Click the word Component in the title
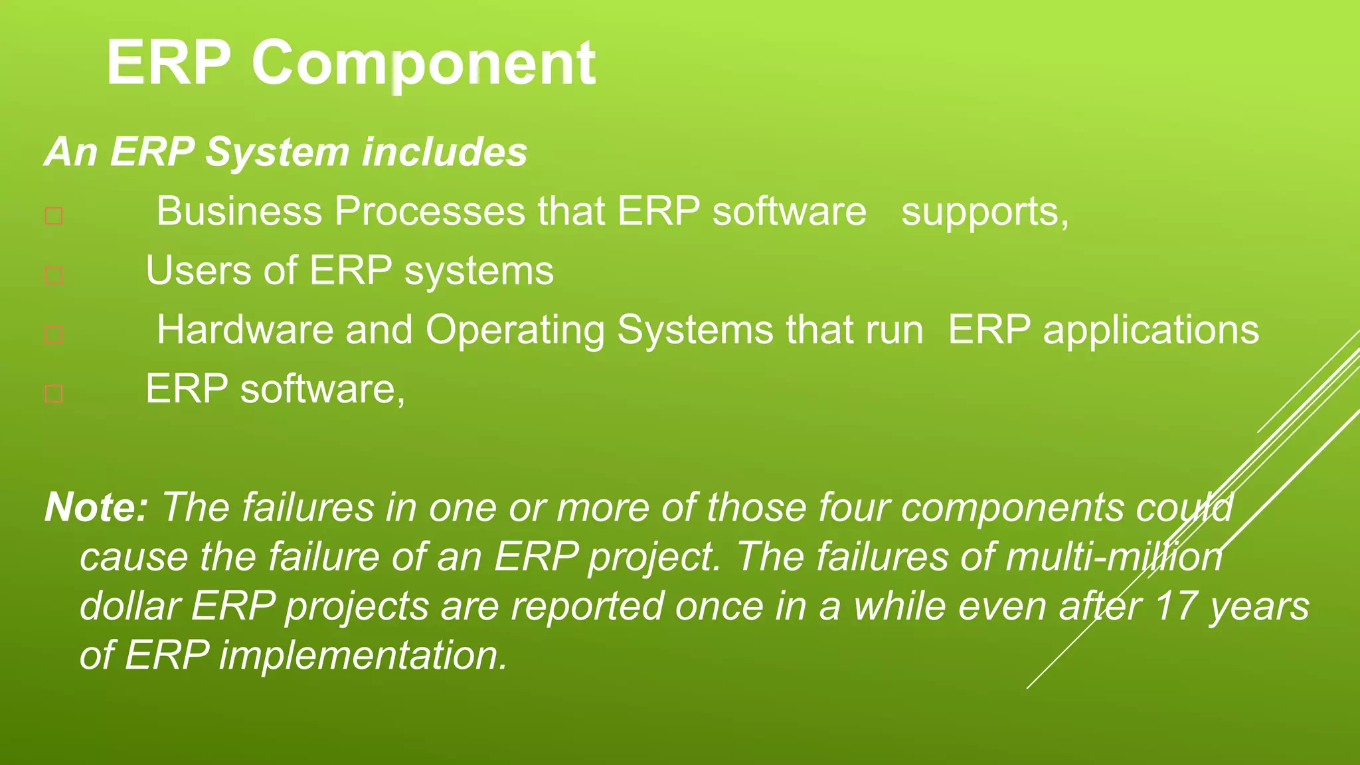(x=423, y=63)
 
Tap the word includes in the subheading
(x=444, y=151)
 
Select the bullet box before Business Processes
(x=54, y=216)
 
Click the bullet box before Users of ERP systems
(x=54, y=275)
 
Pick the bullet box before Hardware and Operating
(x=54, y=334)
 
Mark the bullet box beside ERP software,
(x=54, y=393)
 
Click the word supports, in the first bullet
(x=984, y=212)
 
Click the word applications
(x=1150, y=331)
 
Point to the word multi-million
(x=1114, y=556)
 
